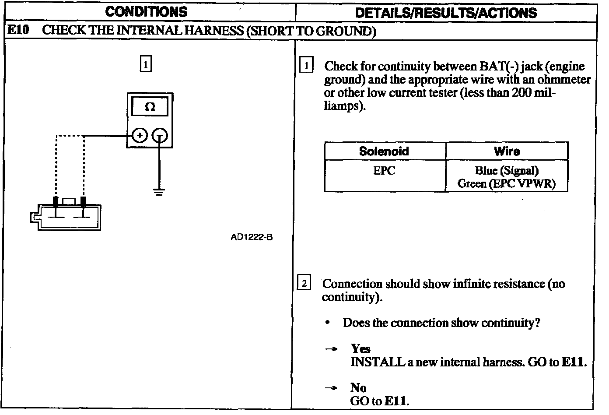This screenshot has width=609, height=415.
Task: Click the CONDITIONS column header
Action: [x=147, y=12]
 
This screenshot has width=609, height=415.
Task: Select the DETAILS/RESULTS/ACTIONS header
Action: [x=446, y=13]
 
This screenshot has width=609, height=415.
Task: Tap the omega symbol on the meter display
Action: [x=150, y=107]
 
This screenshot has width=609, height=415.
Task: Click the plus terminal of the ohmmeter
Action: [x=139, y=136]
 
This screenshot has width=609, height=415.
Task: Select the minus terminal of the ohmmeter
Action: [x=159, y=137]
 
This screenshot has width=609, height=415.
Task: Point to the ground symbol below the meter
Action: [x=159, y=191]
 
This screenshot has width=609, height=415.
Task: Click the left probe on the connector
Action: [x=56, y=202]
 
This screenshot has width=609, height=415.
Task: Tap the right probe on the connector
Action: [x=83, y=202]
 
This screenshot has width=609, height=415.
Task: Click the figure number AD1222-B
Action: [x=252, y=237]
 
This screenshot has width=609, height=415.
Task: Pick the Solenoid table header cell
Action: [x=384, y=151]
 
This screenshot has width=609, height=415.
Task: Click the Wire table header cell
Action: [x=507, y=151]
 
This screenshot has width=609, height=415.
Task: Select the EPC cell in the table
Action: [x=384, y=171]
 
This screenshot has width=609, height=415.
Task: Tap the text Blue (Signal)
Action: [x=507, y=171]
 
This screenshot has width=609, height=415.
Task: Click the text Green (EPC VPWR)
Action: [x=507, y=183]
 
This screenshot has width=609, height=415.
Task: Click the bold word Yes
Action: [x=360, y=349]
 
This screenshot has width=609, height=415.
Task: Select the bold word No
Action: [x=358, y=388]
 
